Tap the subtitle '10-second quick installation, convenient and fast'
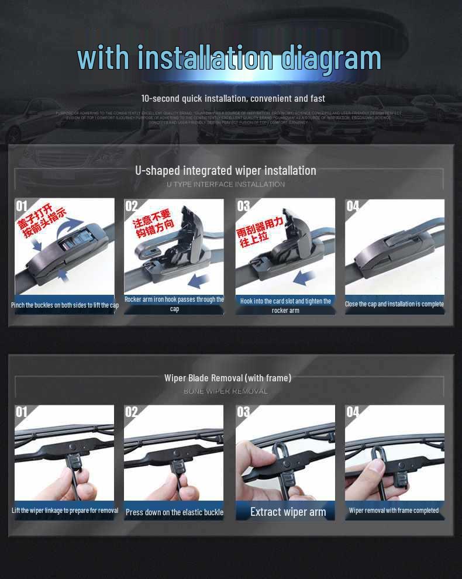233,98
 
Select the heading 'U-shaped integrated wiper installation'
226,171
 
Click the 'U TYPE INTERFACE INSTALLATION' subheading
226,184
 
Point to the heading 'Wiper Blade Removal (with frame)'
227,378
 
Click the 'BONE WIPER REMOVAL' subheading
226,391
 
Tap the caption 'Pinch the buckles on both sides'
64,305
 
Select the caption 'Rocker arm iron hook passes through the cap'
174,304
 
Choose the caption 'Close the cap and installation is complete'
394,304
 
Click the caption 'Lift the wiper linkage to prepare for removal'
64,510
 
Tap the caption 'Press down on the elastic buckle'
174,512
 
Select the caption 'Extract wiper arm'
288,512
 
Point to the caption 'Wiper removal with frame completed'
394,511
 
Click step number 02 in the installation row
132,206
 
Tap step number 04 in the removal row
353,412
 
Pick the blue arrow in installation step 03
305,277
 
